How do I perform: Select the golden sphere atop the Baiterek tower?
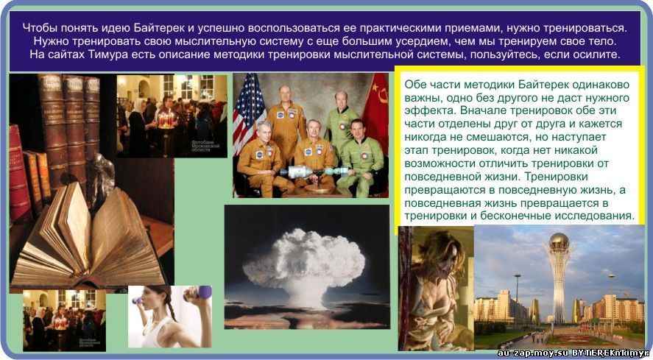[x=559, y=241]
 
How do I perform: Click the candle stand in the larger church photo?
[x=166, y=133]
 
